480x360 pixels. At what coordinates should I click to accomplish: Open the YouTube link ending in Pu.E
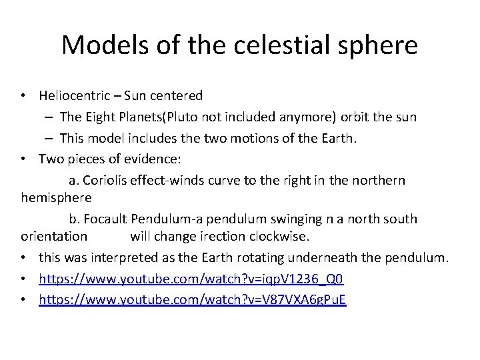[193, 300]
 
